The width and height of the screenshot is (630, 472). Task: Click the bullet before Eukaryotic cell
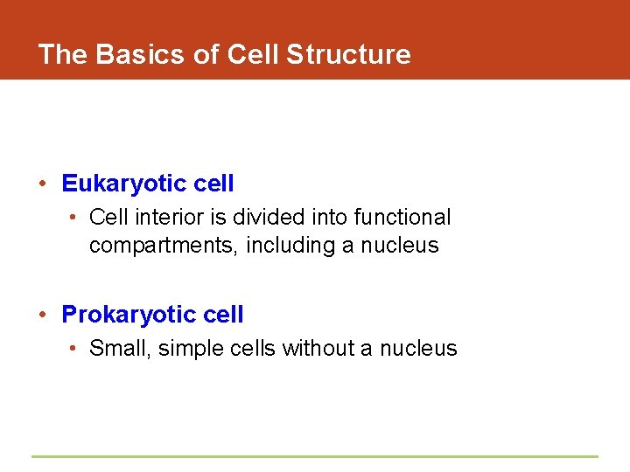tap(42, 184)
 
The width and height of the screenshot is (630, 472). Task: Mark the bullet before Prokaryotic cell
tap(42, 315)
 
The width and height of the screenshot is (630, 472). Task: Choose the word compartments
tap(163, 246)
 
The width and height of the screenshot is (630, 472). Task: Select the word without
tap(318, 348)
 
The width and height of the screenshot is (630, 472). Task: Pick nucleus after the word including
tap(399, 246)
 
